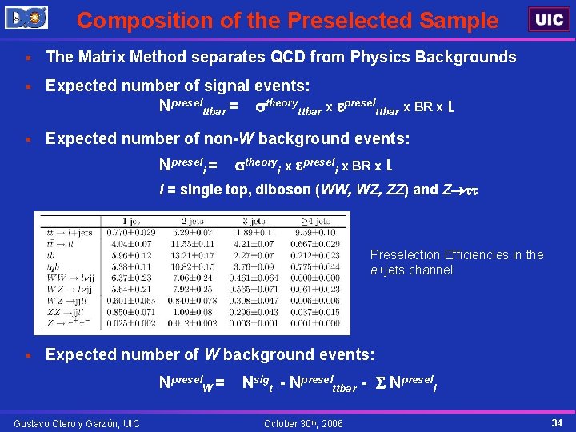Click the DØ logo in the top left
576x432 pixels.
[x=26, y=17]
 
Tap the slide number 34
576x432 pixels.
[x=557, y=422]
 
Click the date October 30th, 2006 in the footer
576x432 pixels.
[x=303, y=423]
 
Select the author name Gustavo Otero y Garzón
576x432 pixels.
[x=76, y=423]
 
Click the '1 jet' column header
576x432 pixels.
[x=132, y=220]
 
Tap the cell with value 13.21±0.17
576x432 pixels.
[x=193, y=255]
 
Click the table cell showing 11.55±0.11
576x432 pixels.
[x=193, y=242]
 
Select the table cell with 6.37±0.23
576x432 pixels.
[x=132, y=277]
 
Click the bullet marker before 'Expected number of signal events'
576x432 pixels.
[x=27, y=86]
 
